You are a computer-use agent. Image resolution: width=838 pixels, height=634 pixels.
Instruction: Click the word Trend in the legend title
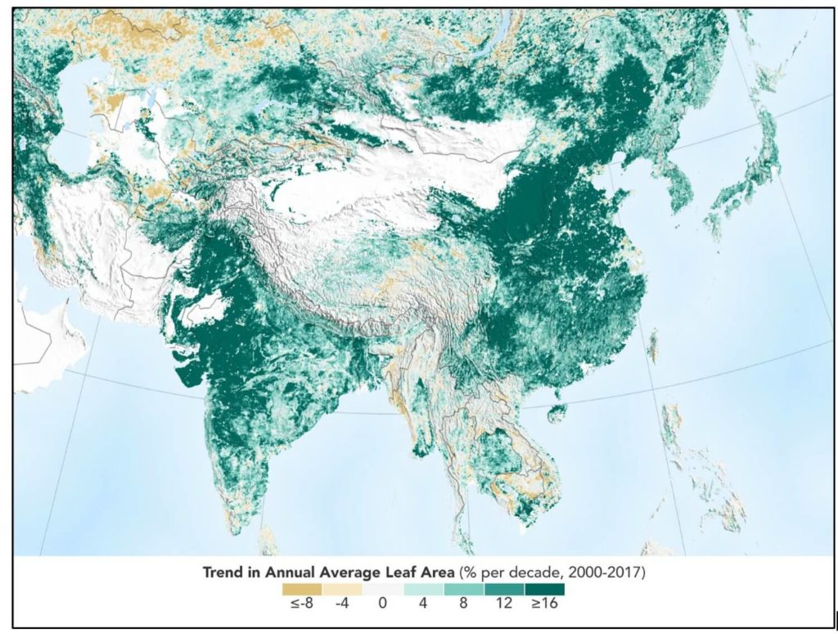[224, 572]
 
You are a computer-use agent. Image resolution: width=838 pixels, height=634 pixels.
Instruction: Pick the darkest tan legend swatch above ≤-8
[302, 589]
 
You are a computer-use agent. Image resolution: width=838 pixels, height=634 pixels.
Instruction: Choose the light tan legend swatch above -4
[343, 589]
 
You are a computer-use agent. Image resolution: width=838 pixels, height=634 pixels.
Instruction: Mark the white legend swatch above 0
[383, 589]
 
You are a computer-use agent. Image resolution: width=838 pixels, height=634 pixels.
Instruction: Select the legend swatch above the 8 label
[464, 589]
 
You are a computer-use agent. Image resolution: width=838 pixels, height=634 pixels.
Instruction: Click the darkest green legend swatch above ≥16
[545, 589]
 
